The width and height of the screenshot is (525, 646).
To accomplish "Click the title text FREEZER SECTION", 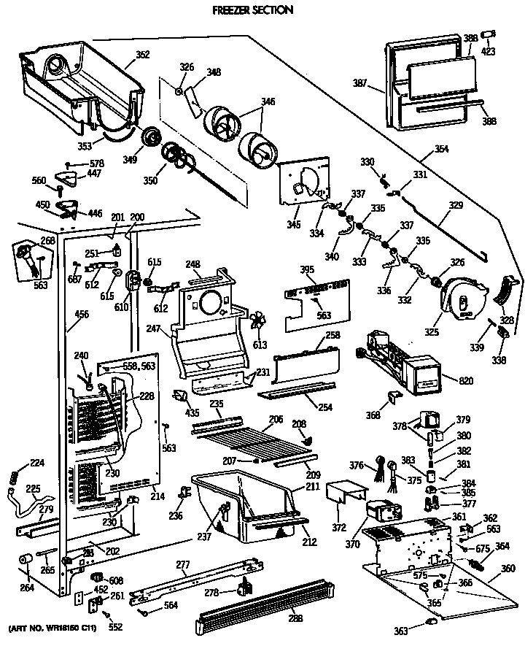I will (242, 10).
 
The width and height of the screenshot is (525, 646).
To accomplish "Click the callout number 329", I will (455, 206).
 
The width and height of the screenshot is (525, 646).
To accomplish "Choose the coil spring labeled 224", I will (13, 477).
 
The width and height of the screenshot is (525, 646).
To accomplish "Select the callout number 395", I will (308, 270).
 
